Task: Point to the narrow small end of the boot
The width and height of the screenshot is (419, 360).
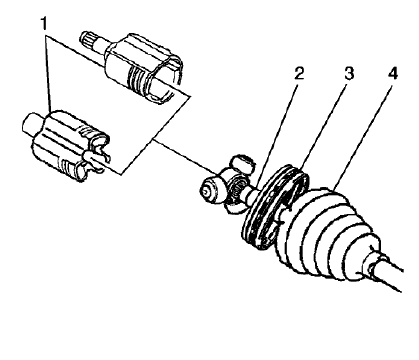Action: [372, 258]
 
